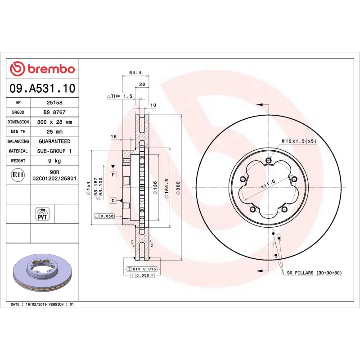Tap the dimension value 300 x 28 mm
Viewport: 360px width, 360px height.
coord(54,122)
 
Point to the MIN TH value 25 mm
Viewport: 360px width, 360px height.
coord(54,132)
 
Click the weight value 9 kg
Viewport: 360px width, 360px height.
coord(54,161)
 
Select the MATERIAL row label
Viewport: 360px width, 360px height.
coord(18,151)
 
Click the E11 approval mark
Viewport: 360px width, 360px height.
coord(18,174)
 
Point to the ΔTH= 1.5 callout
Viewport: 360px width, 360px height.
coord(119,96)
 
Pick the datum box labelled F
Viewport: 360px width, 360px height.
coord(112,175)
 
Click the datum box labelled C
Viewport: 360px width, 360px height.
coord(112,200)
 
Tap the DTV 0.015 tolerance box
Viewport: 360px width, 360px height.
coord(141,269)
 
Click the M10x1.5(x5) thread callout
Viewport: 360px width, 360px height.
coord(299,141)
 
